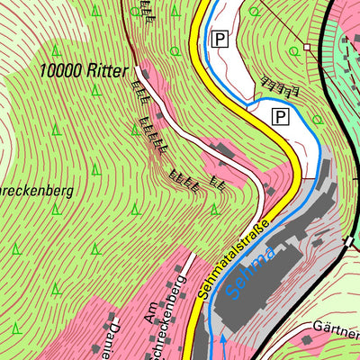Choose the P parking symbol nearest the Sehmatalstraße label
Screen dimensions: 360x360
pos(280,116)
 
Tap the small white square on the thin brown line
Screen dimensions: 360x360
pos(307,46)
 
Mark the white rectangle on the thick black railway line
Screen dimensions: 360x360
pos(348,241)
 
